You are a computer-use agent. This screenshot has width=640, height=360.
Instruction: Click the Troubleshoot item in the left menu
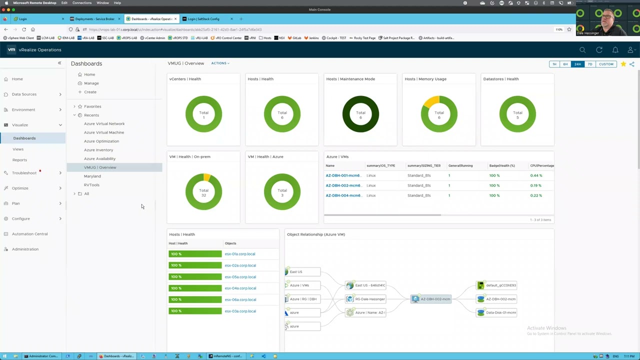point(24,173)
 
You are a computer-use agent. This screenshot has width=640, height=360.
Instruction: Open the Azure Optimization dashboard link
point(101,141)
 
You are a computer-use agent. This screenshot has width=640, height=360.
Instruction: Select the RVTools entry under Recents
point(91,185)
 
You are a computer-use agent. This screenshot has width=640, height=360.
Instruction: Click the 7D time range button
point(590,64)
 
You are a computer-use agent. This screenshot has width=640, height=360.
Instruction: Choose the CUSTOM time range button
point(606,64)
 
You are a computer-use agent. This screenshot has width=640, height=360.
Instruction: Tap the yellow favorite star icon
point(623,64)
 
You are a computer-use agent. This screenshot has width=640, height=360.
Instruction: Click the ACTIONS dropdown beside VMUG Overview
point(220,63)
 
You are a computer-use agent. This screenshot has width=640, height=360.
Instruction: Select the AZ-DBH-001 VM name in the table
point(343,175)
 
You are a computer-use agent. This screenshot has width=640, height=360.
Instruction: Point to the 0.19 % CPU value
point(535,185)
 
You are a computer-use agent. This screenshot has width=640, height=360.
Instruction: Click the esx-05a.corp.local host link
point(240,277)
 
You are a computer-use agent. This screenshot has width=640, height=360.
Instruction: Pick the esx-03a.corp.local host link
point(240,311)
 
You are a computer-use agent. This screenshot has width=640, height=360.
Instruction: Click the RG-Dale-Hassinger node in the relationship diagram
point(369,299)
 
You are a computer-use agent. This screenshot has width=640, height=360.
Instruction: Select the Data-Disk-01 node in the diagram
point(500,312)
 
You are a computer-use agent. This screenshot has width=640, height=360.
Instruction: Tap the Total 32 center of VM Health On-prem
point(203,192)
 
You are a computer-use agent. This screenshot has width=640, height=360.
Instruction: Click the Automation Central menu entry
point(30,234)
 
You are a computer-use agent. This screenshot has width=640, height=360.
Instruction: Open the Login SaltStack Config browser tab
point(203,19)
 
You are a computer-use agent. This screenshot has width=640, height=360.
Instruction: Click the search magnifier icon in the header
point(582,50)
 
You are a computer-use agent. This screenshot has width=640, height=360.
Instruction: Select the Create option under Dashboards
point(90,92)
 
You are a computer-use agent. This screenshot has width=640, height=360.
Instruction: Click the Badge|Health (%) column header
point(502,165)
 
